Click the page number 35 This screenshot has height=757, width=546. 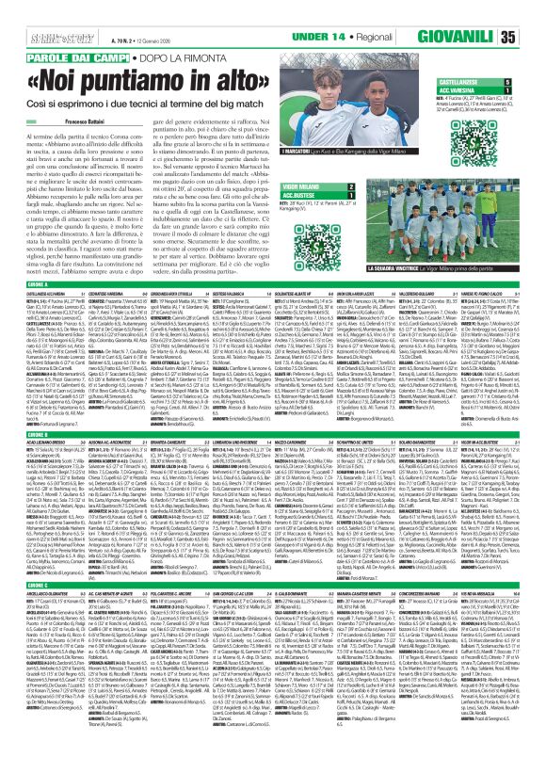tap(534, 36)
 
